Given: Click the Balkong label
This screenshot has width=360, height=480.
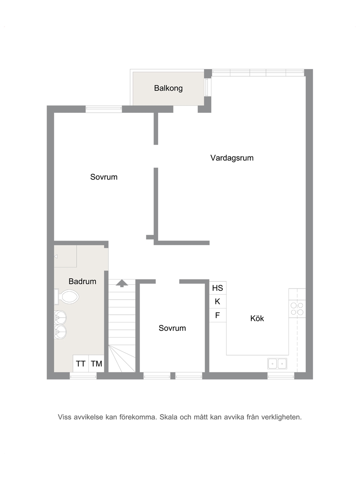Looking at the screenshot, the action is click(x=168, y=89).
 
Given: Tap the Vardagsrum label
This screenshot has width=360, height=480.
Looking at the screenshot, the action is click(x=232, y=158).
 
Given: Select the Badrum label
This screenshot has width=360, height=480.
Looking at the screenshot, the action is click(x=82, y=281).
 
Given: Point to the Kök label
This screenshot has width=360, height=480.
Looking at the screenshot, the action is click(x=257, y=319).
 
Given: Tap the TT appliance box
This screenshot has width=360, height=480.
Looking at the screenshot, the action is click(x=81, y=364).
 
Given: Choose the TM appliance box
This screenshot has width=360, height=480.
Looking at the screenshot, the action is click(x=97, y=364).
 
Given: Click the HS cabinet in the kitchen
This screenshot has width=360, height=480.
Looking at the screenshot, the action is click(x=218, y=288).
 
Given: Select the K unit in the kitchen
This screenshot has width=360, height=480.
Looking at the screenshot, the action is click(x=218, y=301).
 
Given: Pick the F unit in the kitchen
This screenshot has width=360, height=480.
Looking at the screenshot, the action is click(x=218, y=315).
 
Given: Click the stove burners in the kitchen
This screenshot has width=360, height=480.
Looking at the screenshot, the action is click(x=297, y=309).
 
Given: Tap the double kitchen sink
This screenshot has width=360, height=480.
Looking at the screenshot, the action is click(x=277, y=364).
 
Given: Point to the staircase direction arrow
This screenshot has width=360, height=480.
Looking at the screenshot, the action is click(x=122, y=283).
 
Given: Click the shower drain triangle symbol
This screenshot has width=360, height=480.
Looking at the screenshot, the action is click(x=56, y=256).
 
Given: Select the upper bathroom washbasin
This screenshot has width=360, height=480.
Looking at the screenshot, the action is click(x=60, y=317).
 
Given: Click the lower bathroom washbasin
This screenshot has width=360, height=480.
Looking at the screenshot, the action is click(x=60, y=332).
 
